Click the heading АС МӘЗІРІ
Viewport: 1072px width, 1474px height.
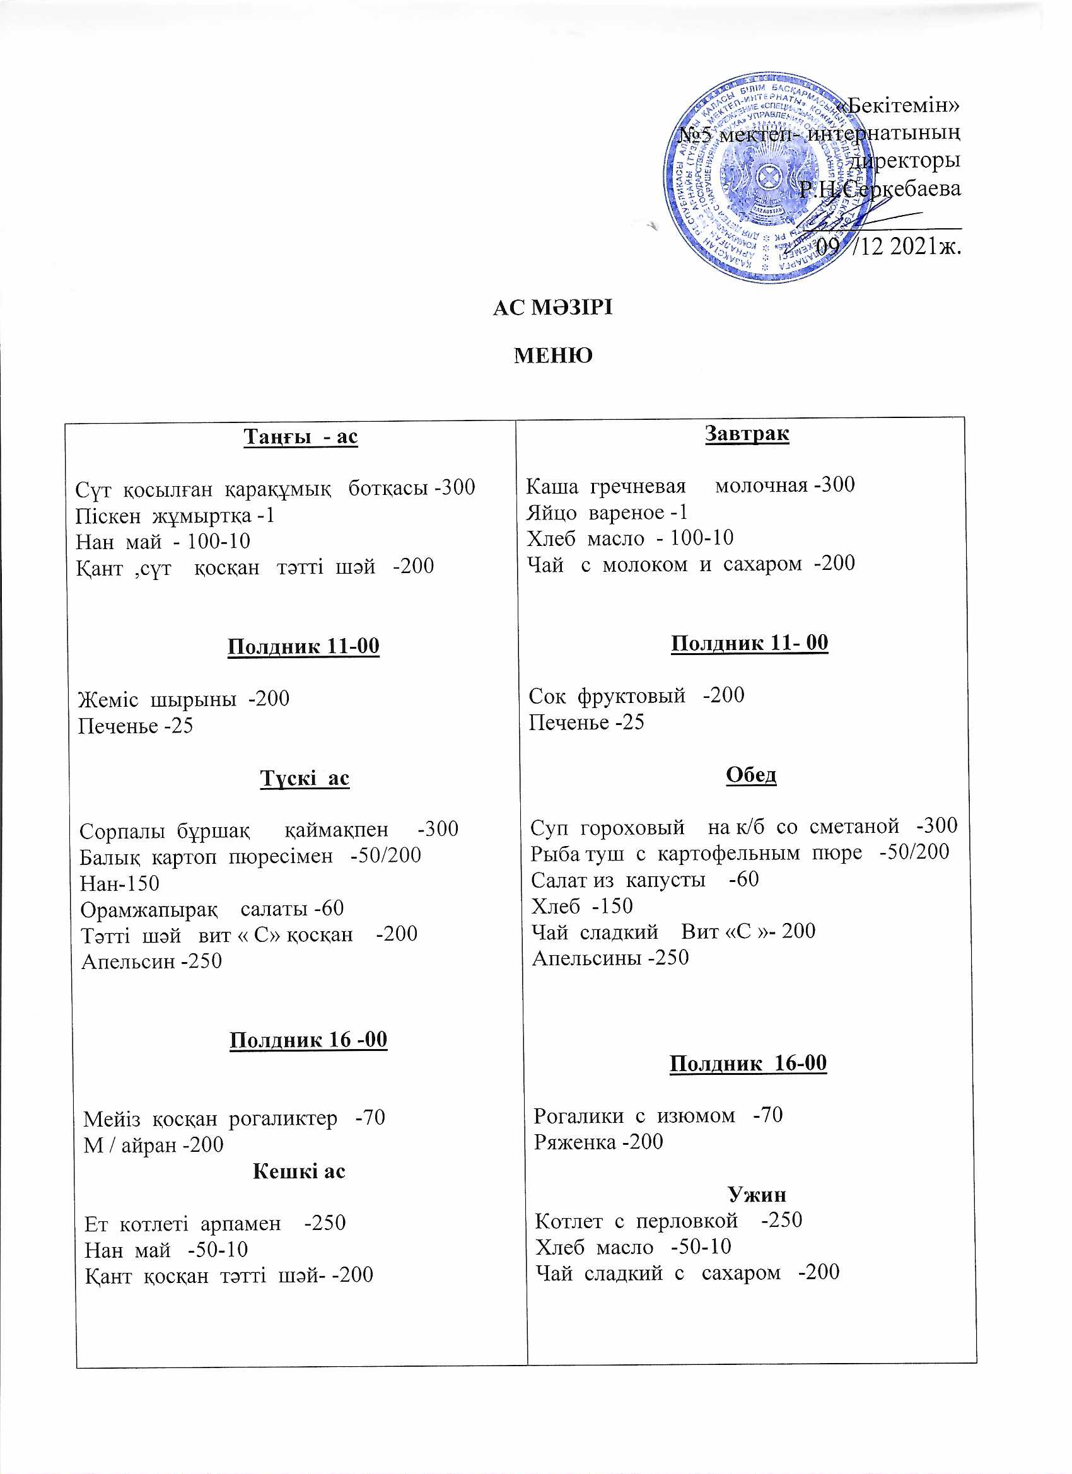[552, 308]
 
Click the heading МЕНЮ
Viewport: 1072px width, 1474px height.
[553, 356]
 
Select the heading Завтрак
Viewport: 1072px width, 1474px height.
[747, 434]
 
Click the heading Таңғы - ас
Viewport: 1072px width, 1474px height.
[300, 436]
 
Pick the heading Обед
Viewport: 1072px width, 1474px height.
[751, 775]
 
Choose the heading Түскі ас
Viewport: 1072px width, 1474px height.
[304, 778]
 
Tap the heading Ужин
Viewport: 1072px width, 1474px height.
[757, 1195]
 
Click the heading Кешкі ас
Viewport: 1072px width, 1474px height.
[298, 1171]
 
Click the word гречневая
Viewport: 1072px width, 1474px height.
[638, 486]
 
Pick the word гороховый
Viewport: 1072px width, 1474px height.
[632, 827]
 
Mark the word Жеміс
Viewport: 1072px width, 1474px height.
[108, 699]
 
